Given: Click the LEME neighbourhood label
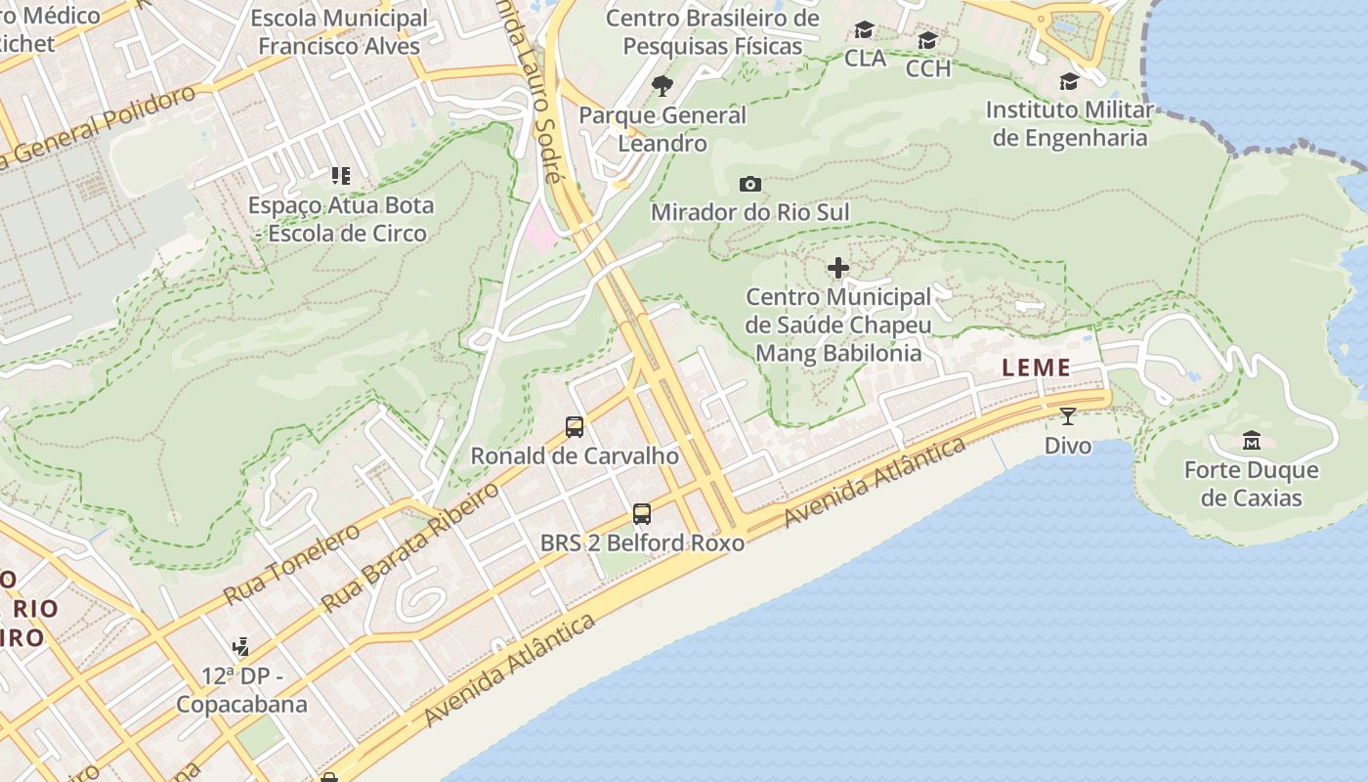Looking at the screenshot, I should click(1036, 369).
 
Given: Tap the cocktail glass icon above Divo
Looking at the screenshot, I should click(1067, 417).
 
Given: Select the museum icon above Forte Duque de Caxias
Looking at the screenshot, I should click(1251, 441).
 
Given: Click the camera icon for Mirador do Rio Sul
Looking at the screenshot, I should click(750, 184).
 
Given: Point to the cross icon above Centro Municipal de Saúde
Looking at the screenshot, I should click(838, 268).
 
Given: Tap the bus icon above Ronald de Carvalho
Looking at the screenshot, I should click(575, 427).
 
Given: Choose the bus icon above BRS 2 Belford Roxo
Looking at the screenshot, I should click(642, 514).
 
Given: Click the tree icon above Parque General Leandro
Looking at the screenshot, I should click(663, 86).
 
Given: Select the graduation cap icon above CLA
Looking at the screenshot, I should click(865, 30).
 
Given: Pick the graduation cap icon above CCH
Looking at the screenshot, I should click(927, 40).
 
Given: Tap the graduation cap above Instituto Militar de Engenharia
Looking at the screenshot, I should click(1069, 81).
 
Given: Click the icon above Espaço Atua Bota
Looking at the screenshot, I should click(340, 176).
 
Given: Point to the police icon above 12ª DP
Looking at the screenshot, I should click(240, 647).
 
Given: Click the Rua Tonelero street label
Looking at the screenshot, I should click(291, 564).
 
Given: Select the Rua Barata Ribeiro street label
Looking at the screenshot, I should click(411, 546).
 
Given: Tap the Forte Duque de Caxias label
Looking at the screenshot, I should click(1252, 484).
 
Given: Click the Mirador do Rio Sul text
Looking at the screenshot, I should click(750, 212).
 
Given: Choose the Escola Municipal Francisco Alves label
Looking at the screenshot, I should click(339, 31).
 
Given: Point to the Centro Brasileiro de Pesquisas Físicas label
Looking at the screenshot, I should click(712, 31).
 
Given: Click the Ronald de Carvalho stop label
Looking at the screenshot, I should click(575, 456).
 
